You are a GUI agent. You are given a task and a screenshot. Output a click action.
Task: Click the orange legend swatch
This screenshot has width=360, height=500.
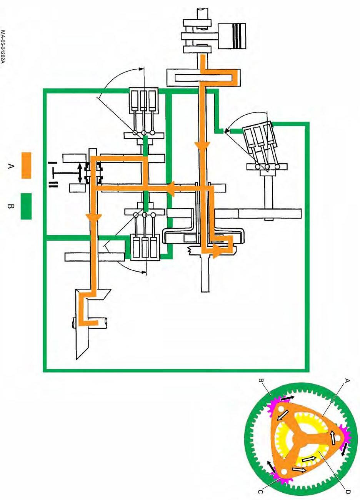click(x=26, y=166)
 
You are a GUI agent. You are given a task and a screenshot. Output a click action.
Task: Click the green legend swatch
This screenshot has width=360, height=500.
click(x=26, y=206)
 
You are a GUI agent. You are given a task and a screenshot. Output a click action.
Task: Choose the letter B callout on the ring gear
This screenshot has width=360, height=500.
click(x=260, y=381)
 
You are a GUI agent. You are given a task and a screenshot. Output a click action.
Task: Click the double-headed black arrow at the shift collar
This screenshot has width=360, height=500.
click(x=80, y=173)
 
